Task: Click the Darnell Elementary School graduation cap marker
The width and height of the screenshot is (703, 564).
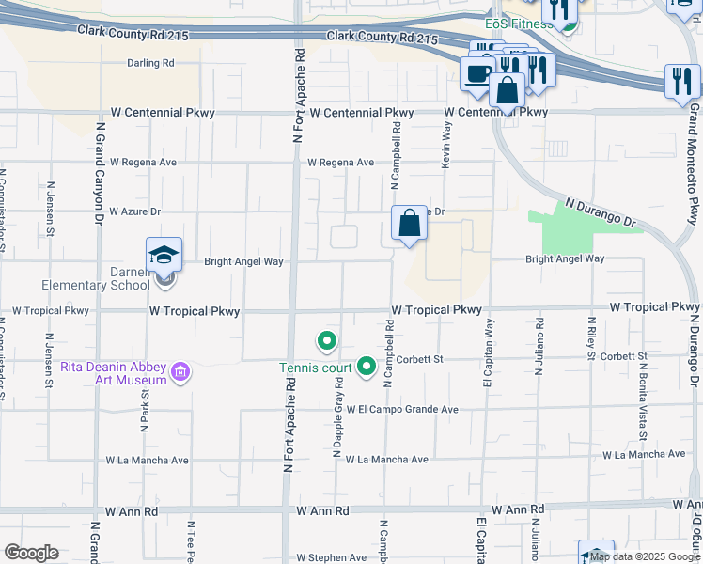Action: coord(163,254)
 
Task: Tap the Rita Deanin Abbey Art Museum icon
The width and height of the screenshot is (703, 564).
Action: coord(181,373)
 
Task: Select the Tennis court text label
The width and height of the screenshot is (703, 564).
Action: coord(314,368)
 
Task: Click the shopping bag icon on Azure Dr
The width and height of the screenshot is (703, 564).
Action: coord(410,224)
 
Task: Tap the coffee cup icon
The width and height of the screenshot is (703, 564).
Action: coord(477,73)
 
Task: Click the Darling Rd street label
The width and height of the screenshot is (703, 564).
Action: coord(151,64)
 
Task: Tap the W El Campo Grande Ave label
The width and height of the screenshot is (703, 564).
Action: coord(401,410)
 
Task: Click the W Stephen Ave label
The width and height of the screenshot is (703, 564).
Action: coord(331,557)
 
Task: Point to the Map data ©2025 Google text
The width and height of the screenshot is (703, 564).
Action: coord(646,556)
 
